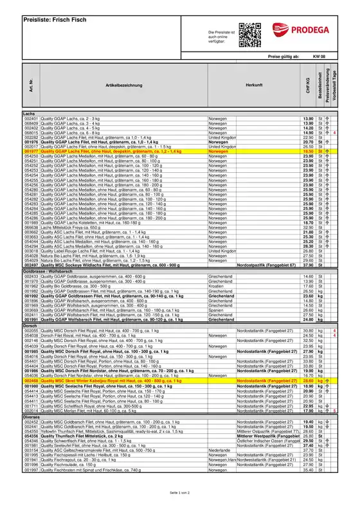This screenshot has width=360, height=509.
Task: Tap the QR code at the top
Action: pos(248,34)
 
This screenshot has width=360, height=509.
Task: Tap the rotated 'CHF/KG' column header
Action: pos(308,87)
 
